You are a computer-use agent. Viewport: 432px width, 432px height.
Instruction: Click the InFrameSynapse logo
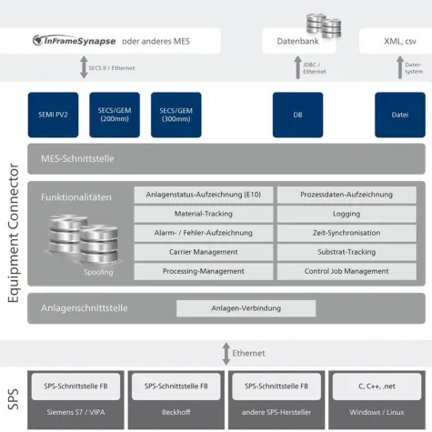point(72,40)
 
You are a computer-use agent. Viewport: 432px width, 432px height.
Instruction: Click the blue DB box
point(297,115)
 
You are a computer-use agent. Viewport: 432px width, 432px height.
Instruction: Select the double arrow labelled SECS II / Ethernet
point(84,68)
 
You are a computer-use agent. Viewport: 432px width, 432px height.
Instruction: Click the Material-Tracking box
point(204,214)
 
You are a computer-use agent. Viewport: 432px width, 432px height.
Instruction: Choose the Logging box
point(347,214)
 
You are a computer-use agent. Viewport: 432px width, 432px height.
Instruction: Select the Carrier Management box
point(204,252)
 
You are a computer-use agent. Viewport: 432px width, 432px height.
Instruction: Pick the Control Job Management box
point(347,271)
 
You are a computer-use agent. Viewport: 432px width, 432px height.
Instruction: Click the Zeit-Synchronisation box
point(347,233)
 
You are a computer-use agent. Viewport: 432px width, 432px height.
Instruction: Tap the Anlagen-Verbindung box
point(246,308)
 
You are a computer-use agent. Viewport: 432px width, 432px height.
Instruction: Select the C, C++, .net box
point(375,387)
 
